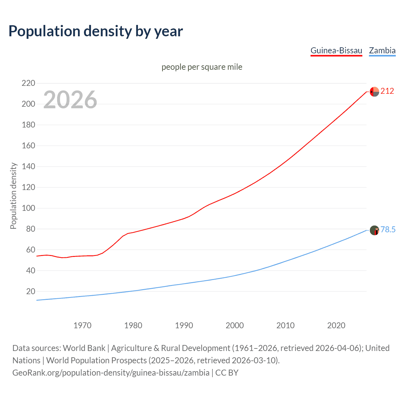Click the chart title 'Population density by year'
96,31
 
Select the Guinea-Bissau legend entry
336,50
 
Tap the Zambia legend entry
382,50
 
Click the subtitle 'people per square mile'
202,67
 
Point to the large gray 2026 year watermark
70,100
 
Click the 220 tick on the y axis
28,83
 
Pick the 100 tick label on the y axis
28,208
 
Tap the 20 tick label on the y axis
30,291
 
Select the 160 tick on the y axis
28,146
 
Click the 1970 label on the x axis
82,325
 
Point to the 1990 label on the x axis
184,325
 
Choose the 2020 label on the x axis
336,325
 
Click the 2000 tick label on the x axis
235,325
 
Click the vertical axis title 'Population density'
13,196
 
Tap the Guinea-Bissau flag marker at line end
374,92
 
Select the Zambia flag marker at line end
374,230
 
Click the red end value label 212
387,91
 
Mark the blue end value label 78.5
388,229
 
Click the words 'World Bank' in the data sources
84,348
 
